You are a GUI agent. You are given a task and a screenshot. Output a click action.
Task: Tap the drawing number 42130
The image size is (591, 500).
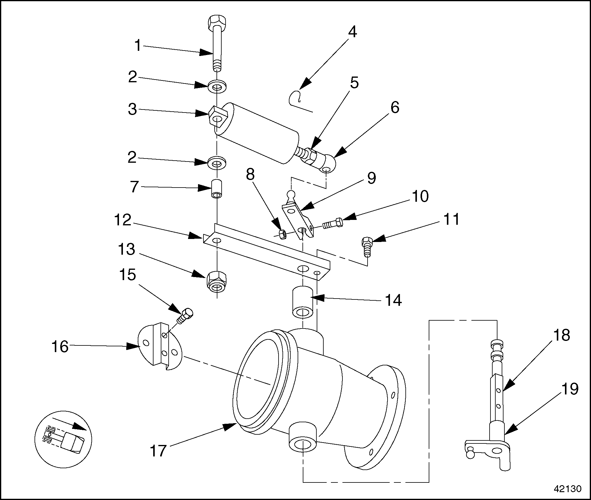coord(568,489)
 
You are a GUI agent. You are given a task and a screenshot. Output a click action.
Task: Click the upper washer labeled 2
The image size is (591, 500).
coord(217,87)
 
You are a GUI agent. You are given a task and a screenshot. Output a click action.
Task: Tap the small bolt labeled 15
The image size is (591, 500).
coord(185,315)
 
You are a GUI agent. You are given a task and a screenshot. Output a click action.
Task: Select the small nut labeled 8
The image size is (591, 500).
coord(282,234)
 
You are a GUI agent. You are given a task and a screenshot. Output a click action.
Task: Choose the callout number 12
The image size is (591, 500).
coord(123,220)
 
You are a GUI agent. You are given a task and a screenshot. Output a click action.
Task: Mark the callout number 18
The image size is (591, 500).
coord(561,335)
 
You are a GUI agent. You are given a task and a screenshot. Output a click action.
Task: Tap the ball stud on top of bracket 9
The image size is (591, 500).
coord(291,194)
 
